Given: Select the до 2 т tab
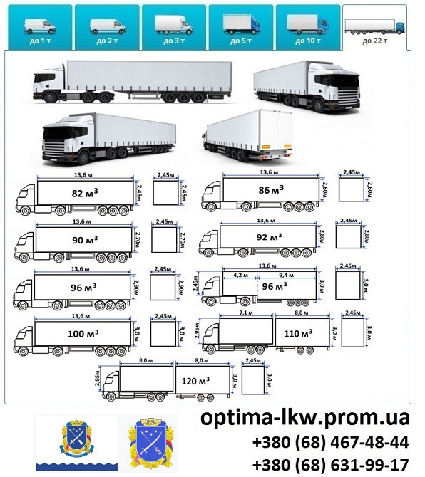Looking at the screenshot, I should point(107,27).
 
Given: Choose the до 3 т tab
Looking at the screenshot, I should point(173,27).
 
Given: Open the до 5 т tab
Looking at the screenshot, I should point(240,27).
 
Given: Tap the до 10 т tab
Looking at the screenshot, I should point(307,27).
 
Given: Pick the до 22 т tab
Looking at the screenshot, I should point(374,28).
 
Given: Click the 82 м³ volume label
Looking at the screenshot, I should point(84,192).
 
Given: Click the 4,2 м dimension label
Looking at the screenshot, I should point(240,273).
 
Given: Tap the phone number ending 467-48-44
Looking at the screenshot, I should point(330,442).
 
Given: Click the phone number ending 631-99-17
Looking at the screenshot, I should point(330,464).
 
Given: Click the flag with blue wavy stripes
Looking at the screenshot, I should point(76,444).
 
